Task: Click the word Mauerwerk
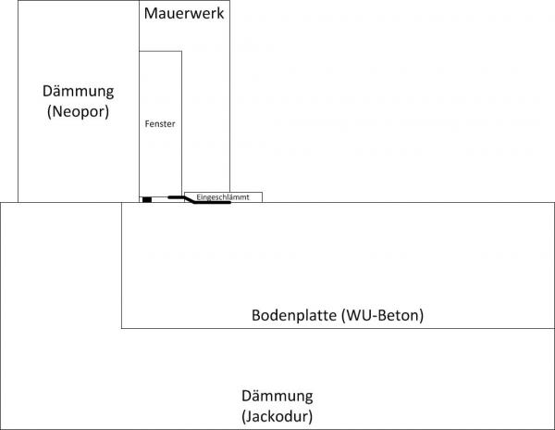tap(184, 15)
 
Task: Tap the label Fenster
tap(160, 122)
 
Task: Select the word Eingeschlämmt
tap(223, 196)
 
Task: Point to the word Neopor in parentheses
tap(78, 112)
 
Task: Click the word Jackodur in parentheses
tap(277, 415)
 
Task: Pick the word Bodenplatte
tap(294, 315)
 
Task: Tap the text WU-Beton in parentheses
tap(382, 315)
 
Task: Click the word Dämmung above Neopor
tap(78, 92)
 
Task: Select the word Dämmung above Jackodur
tap(277, 395)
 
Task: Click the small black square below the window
tap(146, 199)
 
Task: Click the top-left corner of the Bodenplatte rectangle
tap(122, 202)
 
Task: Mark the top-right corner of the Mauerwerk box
tap(229, 2)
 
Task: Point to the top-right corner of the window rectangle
tap(181, 51)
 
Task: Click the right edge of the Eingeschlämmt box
tap(263, 196)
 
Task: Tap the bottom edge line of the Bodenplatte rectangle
tap(333, 327)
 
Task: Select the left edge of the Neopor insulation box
tap(18, 102)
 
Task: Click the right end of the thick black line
tap(228, 203)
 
